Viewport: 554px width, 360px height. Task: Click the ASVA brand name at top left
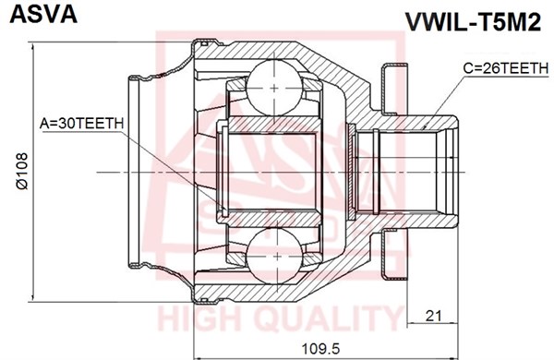click(x=43, y=14)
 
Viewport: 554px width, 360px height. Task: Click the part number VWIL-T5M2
click(x=473, y=22)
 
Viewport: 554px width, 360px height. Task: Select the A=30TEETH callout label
click(x=81, y=124)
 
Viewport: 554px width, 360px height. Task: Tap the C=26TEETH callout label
click(x=505, y=68)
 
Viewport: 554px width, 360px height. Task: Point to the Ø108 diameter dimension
click(x=22, y=172)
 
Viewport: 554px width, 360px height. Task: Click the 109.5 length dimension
click(x=320, y=349)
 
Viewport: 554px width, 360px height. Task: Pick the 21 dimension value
click(x=433, y=316)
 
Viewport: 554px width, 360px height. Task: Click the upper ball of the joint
click(x=274, y=88)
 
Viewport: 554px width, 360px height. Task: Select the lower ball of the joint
click(x=274, y=256)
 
